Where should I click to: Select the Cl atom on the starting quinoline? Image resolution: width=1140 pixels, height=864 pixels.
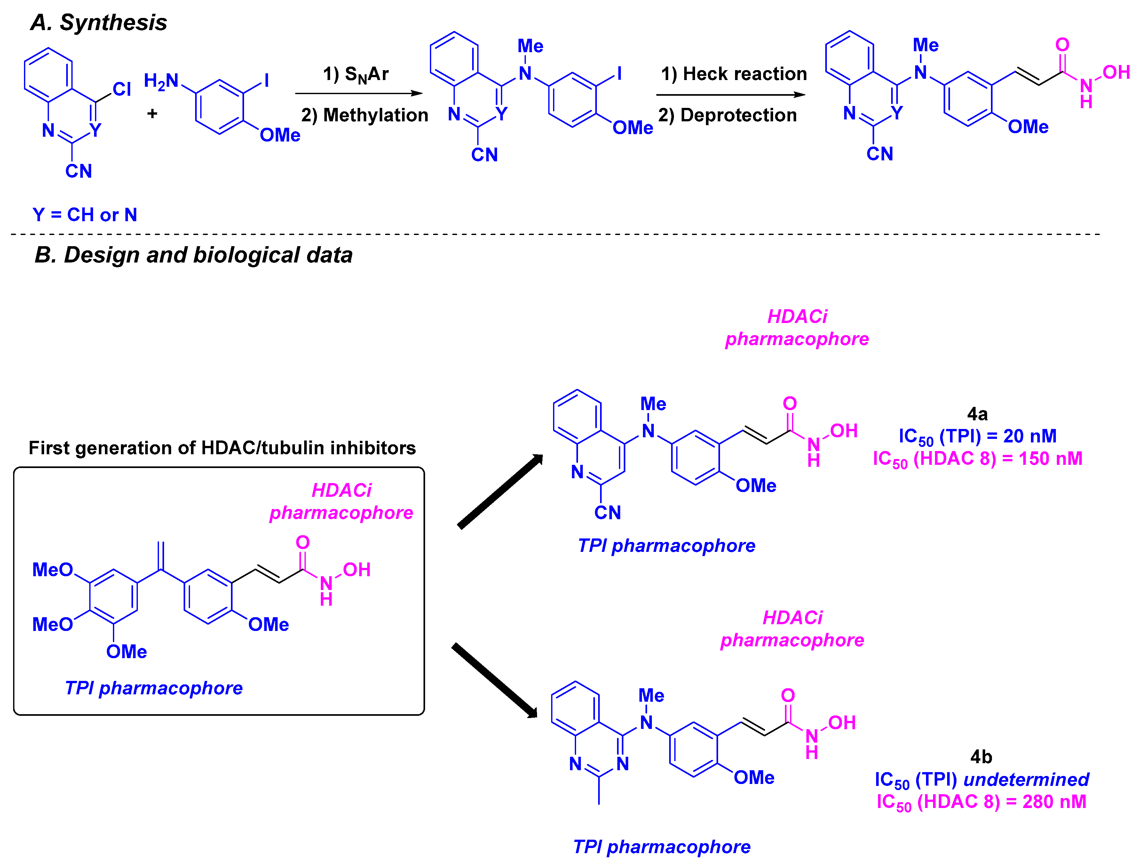(122, 89)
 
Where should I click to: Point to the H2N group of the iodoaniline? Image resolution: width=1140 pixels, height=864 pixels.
(161, 81)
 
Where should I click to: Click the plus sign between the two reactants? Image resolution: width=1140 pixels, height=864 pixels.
(152, 113)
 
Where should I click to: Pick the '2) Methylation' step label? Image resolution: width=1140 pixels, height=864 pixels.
(364, 115)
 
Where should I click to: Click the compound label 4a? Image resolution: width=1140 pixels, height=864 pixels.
(977, 414)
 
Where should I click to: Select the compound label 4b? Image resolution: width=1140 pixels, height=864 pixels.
(981, 757)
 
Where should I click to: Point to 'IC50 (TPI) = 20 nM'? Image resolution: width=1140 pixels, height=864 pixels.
(977, 436)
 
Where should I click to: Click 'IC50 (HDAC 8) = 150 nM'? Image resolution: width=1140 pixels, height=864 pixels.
(977, 458)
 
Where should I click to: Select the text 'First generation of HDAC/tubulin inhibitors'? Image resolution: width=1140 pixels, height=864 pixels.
(222, 448)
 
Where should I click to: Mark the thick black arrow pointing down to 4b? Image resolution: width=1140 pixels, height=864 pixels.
(495, 680)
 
